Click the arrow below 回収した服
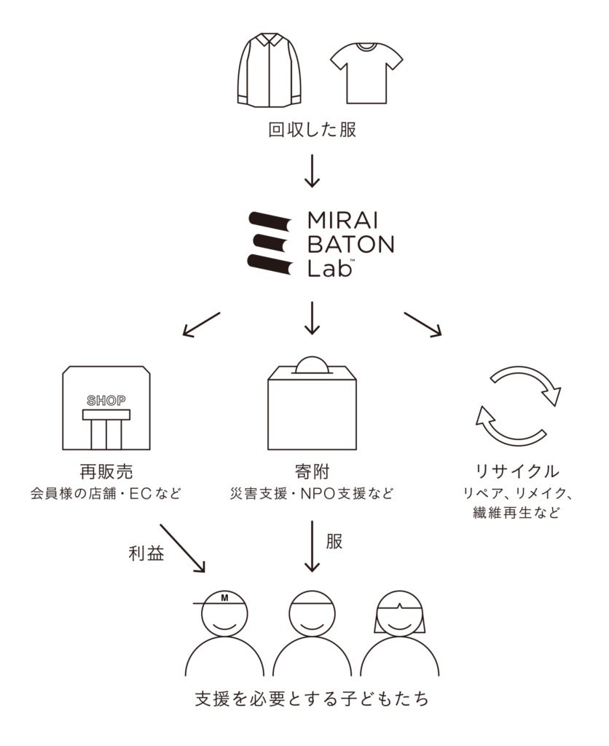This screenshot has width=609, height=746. pos(312,172)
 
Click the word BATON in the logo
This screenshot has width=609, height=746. pos(350,244)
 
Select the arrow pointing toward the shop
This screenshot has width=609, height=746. pos(200,324)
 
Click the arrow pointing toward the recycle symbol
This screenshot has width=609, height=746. pos(423,324)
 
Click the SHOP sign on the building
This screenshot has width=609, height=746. pos(106,400)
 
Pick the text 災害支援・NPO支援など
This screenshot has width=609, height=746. pos(312,493)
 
